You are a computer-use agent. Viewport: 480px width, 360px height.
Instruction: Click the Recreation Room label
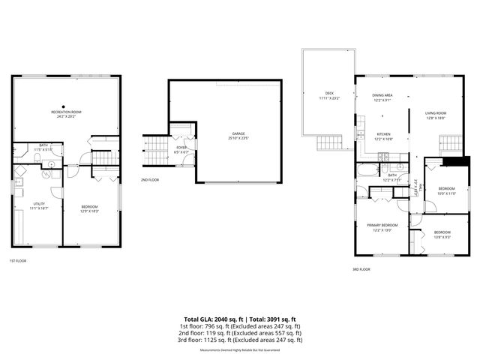(x=67, y=112)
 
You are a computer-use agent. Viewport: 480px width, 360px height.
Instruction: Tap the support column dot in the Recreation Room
(x=64, y=106)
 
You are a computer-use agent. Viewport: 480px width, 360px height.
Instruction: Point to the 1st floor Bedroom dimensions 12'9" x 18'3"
(x=89, y=211)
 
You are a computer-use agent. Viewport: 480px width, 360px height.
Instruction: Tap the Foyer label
(x=181, y=148)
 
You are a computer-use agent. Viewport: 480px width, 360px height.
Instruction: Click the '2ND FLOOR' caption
(x=149, y=180)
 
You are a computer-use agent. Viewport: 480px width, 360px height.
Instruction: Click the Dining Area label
(x=382, y=95)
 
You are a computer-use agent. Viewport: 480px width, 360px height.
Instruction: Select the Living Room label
(x=435, y=113)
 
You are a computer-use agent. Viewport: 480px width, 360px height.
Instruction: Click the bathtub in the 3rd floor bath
(x=367, y=169)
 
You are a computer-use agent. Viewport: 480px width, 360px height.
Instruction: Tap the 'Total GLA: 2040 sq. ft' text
(x=215, y=319)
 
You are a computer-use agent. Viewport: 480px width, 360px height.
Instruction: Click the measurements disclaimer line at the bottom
(x=239, y=350)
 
